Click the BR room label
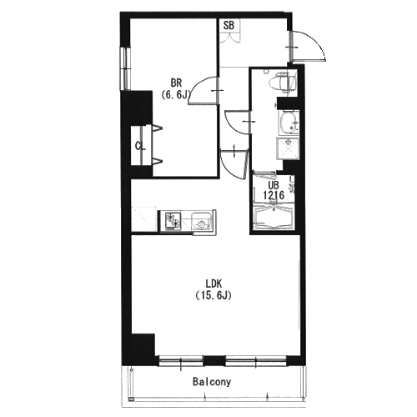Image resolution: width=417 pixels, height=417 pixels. coord(176,83)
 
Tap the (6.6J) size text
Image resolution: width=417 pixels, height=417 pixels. coord(175,95)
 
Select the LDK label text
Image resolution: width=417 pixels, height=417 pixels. coord(214,284)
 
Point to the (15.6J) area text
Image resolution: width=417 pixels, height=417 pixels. coord(214,295)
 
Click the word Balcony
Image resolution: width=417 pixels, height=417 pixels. coord(212,382)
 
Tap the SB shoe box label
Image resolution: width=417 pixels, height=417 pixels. coord(229,26)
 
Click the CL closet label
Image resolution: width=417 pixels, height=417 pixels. coord(140,146)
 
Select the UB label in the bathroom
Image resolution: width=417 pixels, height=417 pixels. coord(274,184)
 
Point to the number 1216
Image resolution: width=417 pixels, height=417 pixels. coord(274,195)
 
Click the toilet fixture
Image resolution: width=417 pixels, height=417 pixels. coord(281,82)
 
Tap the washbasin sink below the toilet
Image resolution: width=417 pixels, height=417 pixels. coord(289,123)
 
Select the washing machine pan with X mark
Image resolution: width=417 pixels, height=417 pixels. coord(288,148)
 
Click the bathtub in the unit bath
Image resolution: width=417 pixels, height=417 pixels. coord(274,216)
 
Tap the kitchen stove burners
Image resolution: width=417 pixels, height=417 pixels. coord(173,221)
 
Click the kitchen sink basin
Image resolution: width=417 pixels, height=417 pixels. coord(201,221)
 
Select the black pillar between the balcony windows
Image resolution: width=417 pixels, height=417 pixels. coord(214,360)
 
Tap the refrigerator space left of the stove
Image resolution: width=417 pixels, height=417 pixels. coord(144,219)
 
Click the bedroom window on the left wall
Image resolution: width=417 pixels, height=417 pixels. coord(127,68)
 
